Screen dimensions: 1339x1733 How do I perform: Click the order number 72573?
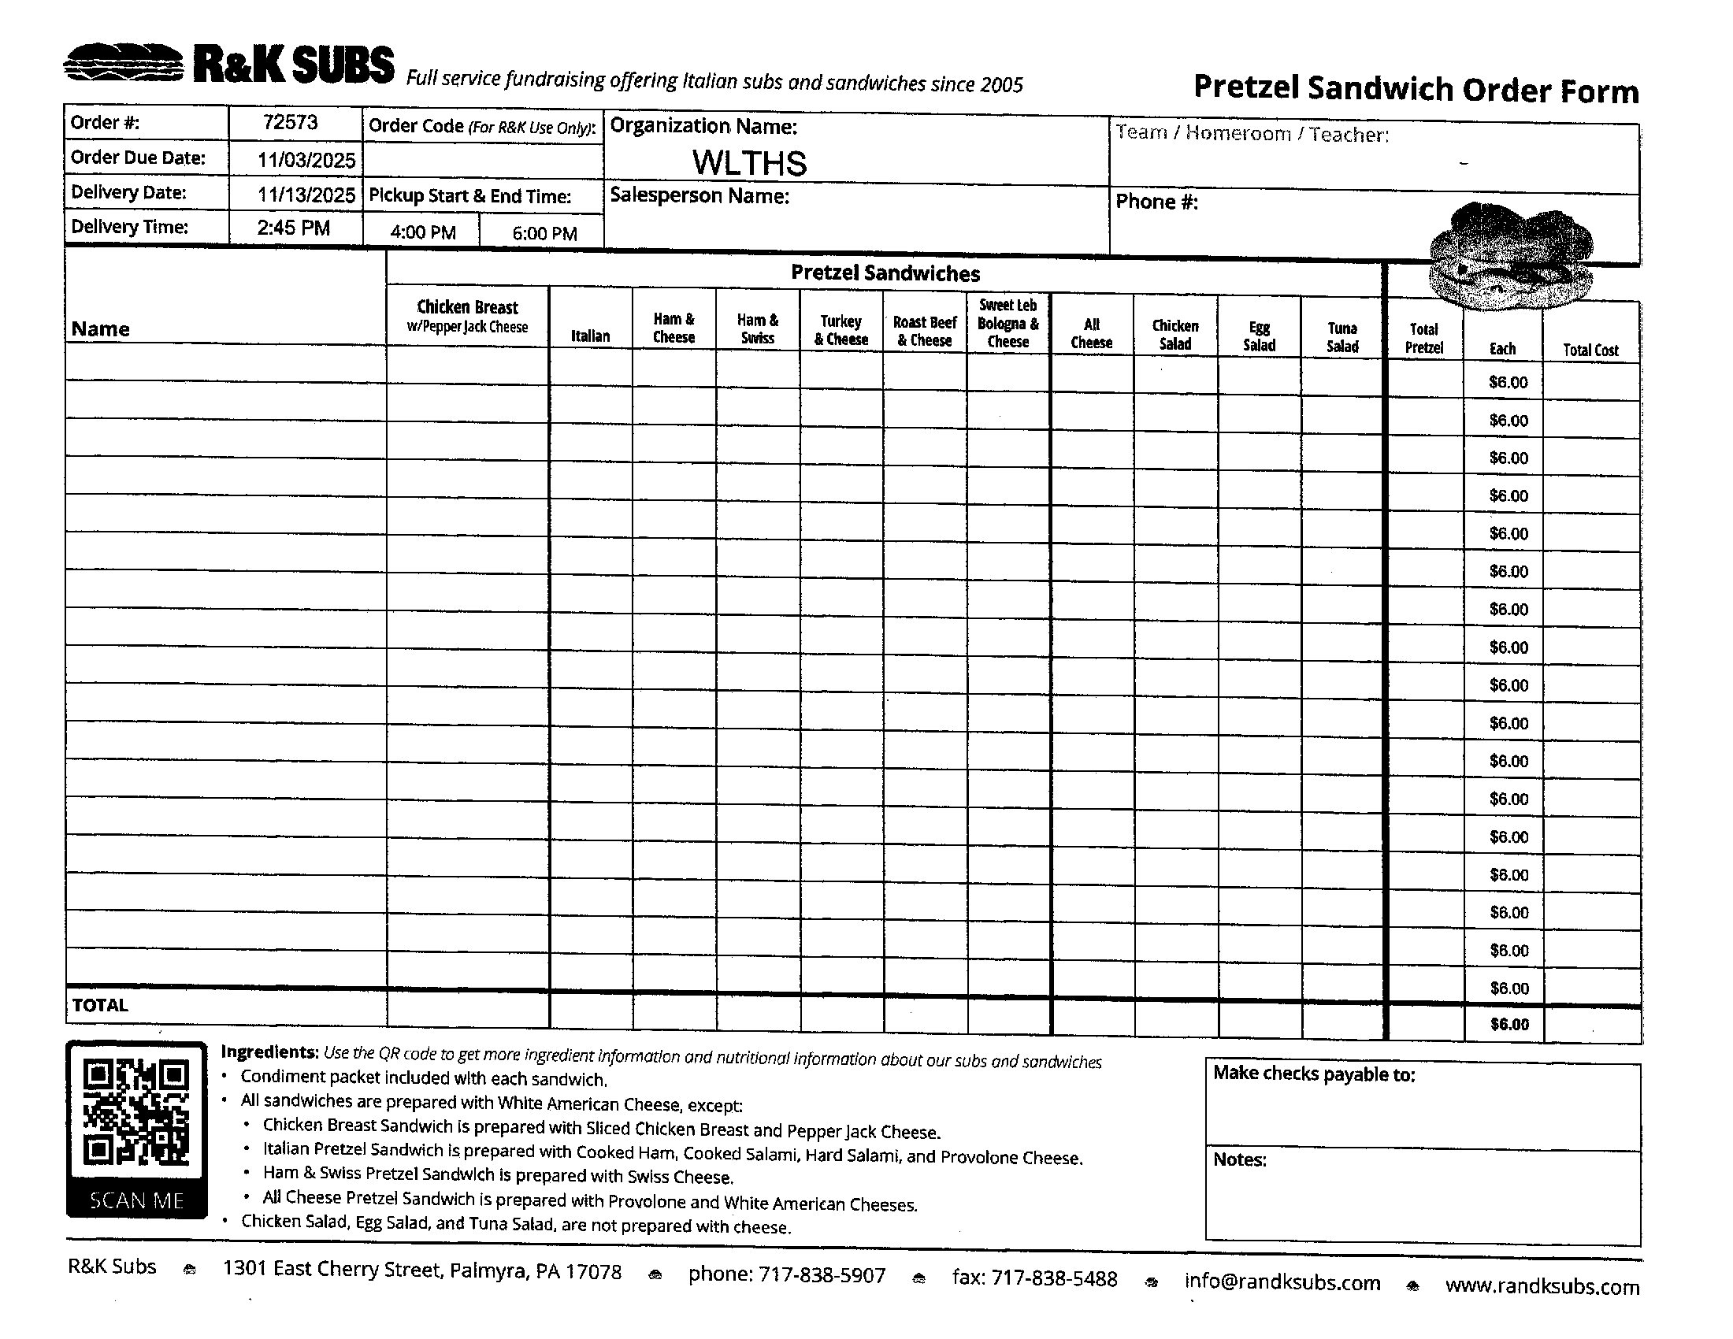coord(291,122)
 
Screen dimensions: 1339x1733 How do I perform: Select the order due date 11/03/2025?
coord(306,160)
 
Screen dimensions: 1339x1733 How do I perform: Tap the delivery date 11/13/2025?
coord(306,195)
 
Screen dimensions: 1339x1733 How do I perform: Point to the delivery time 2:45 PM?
coord(294,228)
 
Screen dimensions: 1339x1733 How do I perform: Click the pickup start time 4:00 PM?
coord(423,232)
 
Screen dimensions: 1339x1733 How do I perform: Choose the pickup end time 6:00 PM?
coord(544,233)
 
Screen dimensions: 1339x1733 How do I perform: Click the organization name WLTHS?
coord(749,163)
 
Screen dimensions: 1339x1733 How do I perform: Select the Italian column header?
coord(590,336)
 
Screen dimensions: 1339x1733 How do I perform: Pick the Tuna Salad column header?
coord(1342,337)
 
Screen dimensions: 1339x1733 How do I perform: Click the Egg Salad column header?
coord(1260,336)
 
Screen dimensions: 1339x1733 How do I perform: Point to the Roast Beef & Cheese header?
coord(925,331)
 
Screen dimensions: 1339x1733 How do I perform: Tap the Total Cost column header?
coord(1590,350)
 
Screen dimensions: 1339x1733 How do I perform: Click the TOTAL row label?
coord(100,1005)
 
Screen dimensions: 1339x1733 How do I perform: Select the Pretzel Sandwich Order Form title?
coord(1416,89)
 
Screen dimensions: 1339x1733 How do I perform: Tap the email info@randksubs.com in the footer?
coord(1282,1282)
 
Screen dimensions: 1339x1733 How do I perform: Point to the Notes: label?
coord(1239,1159)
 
